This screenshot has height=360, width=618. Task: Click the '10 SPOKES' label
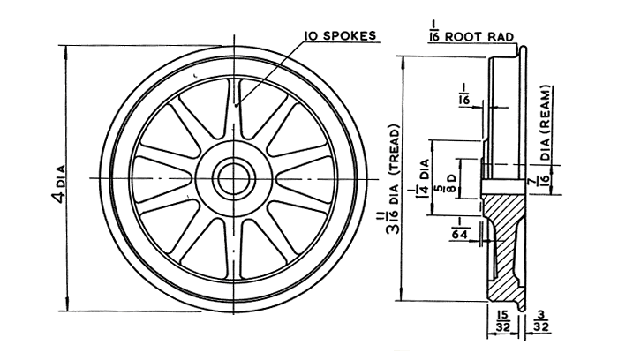(341, 36)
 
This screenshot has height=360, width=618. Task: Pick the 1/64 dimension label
(462, 228)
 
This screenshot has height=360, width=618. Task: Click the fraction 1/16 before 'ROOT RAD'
(432, 34)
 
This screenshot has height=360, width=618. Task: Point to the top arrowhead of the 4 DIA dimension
(67, 49)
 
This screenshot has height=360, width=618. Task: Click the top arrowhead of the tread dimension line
(402, 58)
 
